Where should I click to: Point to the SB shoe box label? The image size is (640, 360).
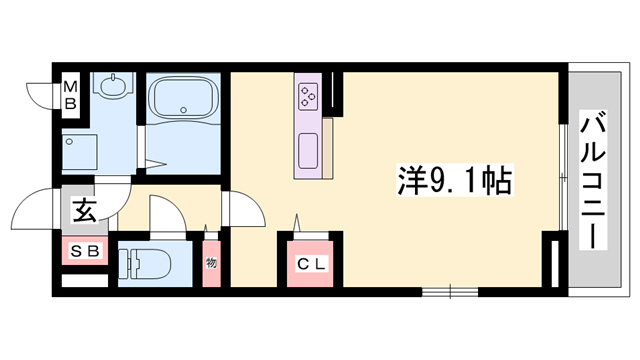click(x=84, y=251)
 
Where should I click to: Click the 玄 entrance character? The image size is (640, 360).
click(x=83, y=212)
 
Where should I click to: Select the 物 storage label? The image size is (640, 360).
click(x=211, y=264)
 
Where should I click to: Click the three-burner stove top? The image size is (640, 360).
click(x=307, y=97)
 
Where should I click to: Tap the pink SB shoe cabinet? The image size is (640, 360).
click(x=84, y=251)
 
